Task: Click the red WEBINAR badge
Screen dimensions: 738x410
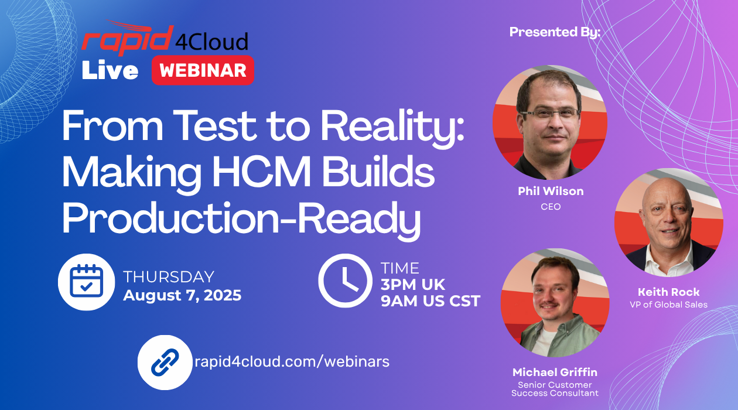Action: click(203, 70)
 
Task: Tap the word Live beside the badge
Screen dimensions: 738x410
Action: click(110, 70)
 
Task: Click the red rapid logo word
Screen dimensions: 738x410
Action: click(128, 39)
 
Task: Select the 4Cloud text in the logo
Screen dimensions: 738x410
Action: click(211, 42)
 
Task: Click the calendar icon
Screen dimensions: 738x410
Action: click(86, 282)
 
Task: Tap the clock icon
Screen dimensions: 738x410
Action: click(346, 281)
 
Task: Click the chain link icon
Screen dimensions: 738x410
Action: click(165, 363)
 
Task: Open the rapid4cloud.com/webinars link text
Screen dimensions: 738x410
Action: click(292, 361)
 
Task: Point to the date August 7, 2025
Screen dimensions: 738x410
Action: click(182, 295)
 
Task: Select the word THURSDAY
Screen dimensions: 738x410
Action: click(169, 277)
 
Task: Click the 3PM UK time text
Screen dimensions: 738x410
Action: click(413, 285)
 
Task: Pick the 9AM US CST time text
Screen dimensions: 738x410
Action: click(430, 301)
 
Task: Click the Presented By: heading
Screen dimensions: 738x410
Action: click(555, 32)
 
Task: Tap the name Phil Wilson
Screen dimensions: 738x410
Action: click(551, 191)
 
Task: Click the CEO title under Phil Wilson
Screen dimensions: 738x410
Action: click(551, 207)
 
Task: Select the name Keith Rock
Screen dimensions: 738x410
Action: click(668, 292)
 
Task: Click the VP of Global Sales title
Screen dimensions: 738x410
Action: click(668, 305)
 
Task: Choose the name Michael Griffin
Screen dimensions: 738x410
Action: click(555, 372)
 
